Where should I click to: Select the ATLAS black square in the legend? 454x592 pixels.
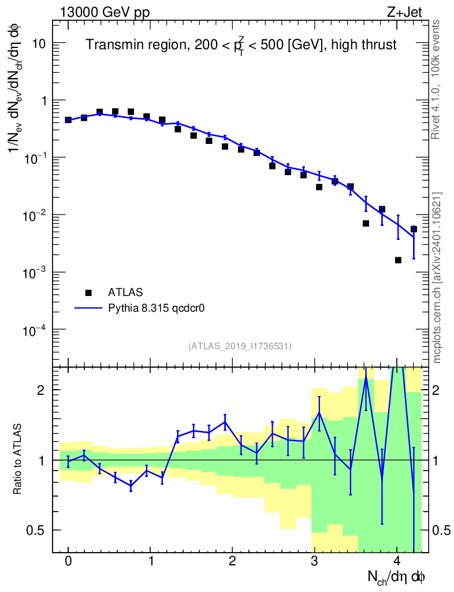[x=88, y=293]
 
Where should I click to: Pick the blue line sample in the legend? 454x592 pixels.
[x=88, y=308]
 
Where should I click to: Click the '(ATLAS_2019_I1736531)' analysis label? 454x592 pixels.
[x=240, y=346]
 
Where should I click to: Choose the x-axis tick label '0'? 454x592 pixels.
[x=68, y=561]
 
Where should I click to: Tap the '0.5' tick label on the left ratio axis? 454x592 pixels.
[x=36, y=530]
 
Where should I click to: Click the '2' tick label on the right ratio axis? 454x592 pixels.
[x=440, y=390]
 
